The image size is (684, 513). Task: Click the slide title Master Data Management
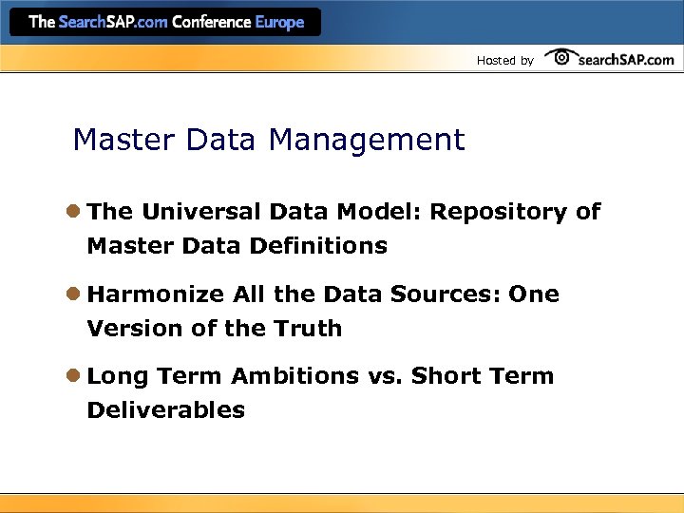pos(269,141)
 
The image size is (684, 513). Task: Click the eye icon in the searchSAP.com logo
pos(561,57)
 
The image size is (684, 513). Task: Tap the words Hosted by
pos(504,61)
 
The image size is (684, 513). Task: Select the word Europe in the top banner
pos(279,22)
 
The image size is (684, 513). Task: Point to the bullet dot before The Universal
pos(73,212)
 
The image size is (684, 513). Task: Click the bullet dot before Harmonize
pos(73,294)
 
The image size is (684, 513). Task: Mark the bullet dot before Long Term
pos(73,376)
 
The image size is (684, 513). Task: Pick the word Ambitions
pos(294,376)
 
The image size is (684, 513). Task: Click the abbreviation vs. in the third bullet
pos(386,376)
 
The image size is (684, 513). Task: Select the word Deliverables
pos(165,410)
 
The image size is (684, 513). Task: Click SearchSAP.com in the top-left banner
pos(113,22)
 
